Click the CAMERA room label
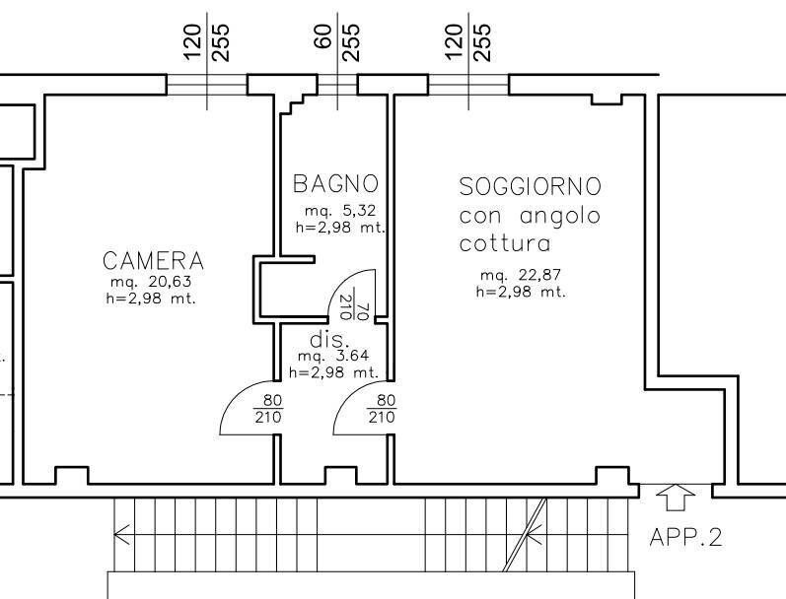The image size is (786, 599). click(154, 261)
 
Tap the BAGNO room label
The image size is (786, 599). click(335, 184)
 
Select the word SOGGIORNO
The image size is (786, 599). click(530, 186)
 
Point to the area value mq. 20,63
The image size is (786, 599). click(151, 282)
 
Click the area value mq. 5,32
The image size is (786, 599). click(340, 211)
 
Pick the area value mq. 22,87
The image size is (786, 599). click(521, 275)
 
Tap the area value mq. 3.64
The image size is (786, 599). click(333, 356)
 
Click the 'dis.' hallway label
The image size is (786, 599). click(329, 340)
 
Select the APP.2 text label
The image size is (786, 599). click(685, 537)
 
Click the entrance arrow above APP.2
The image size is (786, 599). click(676, 497)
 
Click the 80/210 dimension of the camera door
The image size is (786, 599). click(268, 409)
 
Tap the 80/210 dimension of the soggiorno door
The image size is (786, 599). click(382, 409)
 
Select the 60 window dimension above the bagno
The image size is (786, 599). click(323, 36)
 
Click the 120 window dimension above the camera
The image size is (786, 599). click(192, 42)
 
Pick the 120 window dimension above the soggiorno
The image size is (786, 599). click(454, 42)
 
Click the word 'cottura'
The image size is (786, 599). click(505, 244)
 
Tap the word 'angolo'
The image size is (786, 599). click(560, 217)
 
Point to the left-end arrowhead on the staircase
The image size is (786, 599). click(122, 535)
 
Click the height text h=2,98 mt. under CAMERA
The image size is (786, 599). click(151, 299)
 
